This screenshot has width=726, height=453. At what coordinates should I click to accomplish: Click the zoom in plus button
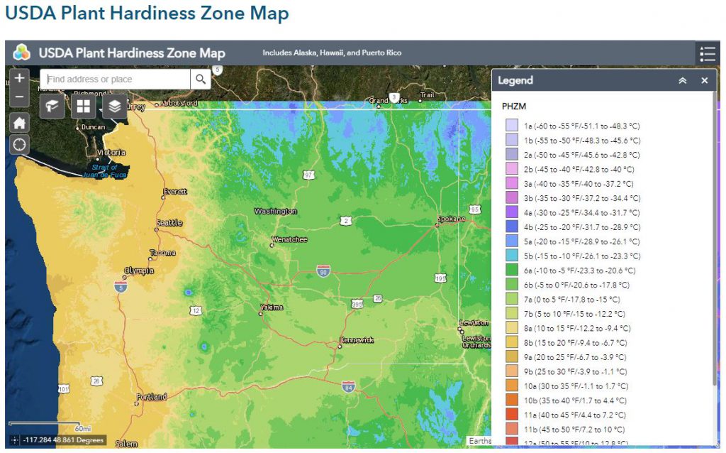point(19,78)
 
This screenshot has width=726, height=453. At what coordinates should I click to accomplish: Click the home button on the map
point(19,122)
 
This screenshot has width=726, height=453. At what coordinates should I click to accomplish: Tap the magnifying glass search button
point(201,79)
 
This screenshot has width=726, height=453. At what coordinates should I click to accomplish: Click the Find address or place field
point(115,79)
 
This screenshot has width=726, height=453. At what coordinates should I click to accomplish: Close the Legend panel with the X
point(704,81)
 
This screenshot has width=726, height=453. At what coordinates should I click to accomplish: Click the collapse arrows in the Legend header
point(683,81)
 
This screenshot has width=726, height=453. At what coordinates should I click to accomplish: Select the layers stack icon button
point(115,107)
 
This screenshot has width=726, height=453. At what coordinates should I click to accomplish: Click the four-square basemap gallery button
point(84,107)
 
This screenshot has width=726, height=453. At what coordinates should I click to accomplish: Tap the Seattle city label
point(169,223)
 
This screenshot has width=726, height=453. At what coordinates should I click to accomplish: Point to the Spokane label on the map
point(452,219)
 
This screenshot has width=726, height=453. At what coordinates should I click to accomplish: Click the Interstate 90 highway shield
point(323,271)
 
